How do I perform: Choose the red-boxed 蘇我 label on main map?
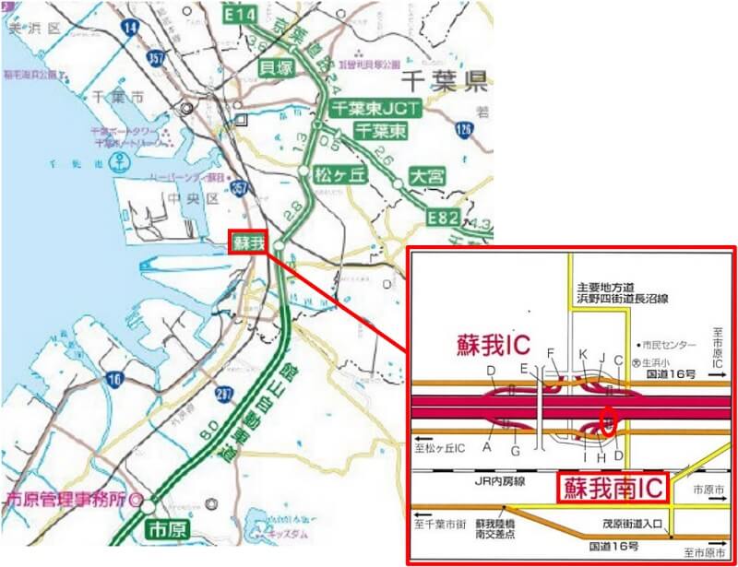(249, 243)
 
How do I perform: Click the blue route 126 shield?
(463, 130)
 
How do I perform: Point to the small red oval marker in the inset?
(609, 419)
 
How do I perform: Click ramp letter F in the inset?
(552, 353)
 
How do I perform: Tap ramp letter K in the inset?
(582, 354)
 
